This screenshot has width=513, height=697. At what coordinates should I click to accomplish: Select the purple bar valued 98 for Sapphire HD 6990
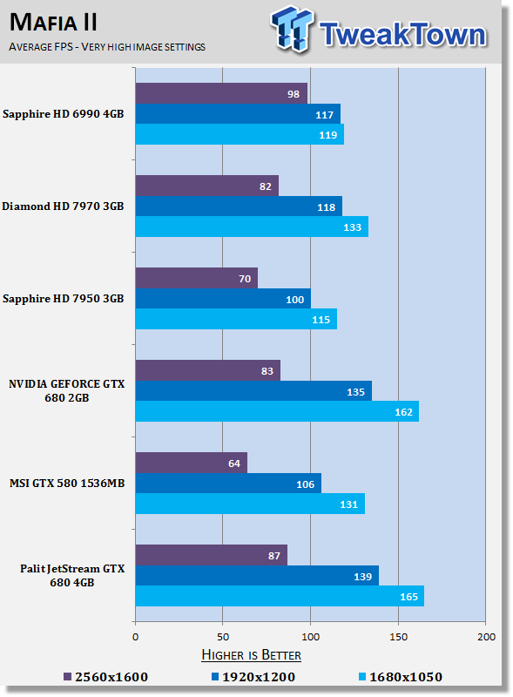(221, 93)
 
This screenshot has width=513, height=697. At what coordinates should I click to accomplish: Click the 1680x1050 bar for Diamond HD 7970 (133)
(252, 227)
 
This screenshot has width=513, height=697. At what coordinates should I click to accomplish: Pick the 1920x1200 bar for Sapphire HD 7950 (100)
(223, 299)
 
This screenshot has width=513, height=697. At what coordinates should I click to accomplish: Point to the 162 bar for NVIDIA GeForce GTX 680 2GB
(277, 411)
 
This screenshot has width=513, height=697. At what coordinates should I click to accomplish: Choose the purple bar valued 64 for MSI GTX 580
(191, 463)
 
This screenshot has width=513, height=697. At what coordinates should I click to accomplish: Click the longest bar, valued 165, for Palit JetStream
(280, 596)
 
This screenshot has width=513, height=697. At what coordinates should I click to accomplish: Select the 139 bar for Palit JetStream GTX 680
(257, 575)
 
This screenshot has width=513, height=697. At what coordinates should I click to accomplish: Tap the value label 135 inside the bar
(356, 391)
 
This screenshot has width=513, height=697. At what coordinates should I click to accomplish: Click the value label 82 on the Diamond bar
(264, 186)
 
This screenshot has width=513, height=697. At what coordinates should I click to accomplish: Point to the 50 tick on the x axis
(223, 638)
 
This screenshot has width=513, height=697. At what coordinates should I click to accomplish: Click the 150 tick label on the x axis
(398, 638)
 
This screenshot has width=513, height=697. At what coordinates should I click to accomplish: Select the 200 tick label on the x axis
(486, 638)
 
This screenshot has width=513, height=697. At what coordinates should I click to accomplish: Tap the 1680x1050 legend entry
(400, 676)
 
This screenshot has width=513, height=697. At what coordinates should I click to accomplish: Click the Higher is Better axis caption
(251, 655)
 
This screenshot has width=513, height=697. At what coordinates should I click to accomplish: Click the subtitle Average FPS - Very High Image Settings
(106, 46)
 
